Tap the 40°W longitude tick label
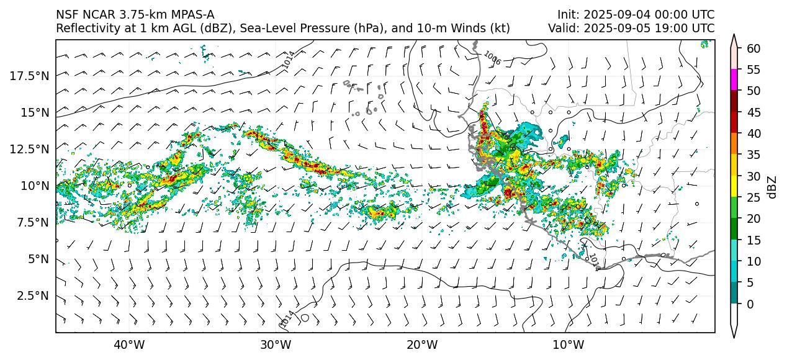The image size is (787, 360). [129, 344]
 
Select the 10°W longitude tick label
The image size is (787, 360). [568, 344]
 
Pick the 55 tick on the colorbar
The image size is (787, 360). [753, 70]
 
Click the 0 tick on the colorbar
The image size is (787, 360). [750, 304]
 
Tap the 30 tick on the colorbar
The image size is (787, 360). [753, 176]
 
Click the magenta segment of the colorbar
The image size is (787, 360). [734, 80]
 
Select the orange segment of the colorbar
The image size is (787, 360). [734, 144]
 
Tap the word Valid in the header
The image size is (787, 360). [562, 29]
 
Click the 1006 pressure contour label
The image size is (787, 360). [492, 58]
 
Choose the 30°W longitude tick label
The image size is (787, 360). [276, 344]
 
